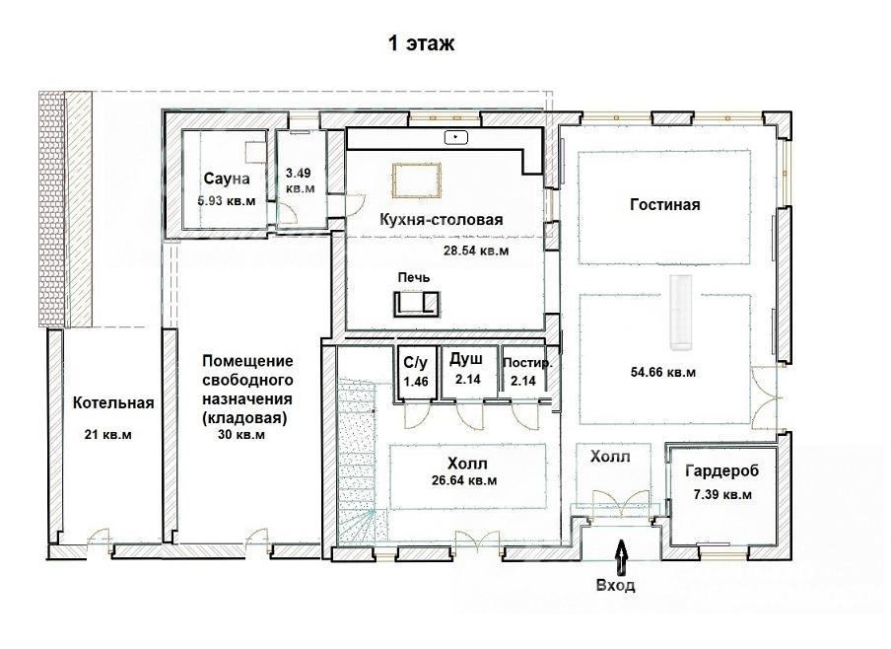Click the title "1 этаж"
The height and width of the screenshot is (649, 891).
point(421,43)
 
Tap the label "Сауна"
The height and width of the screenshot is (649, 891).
point(226,179)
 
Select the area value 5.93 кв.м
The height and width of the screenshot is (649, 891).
point(226,201)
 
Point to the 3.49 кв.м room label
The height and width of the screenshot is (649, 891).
point(299,180)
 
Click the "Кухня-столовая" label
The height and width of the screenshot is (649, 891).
point(441,219)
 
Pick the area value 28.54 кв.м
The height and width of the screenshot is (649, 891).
point(476,251)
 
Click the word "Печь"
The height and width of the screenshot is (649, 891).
point(414,277)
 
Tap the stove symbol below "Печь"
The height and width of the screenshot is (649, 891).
point(417,304)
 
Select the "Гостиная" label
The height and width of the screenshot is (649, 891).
point(665,204)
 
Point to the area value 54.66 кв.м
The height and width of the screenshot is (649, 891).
point(663,373)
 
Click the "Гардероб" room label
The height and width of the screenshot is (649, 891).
point(722,470)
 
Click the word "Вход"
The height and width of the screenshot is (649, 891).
point(615,585)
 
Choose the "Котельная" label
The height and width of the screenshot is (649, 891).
point(113,402)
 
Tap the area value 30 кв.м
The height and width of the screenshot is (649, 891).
point(241,435)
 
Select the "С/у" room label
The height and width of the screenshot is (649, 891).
point(415,362)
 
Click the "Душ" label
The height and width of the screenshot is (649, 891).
point(466,359)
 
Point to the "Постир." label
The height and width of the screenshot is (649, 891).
point(527,363)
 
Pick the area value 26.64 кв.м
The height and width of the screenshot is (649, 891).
point(464,480)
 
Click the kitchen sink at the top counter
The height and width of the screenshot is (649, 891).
point(455,137)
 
